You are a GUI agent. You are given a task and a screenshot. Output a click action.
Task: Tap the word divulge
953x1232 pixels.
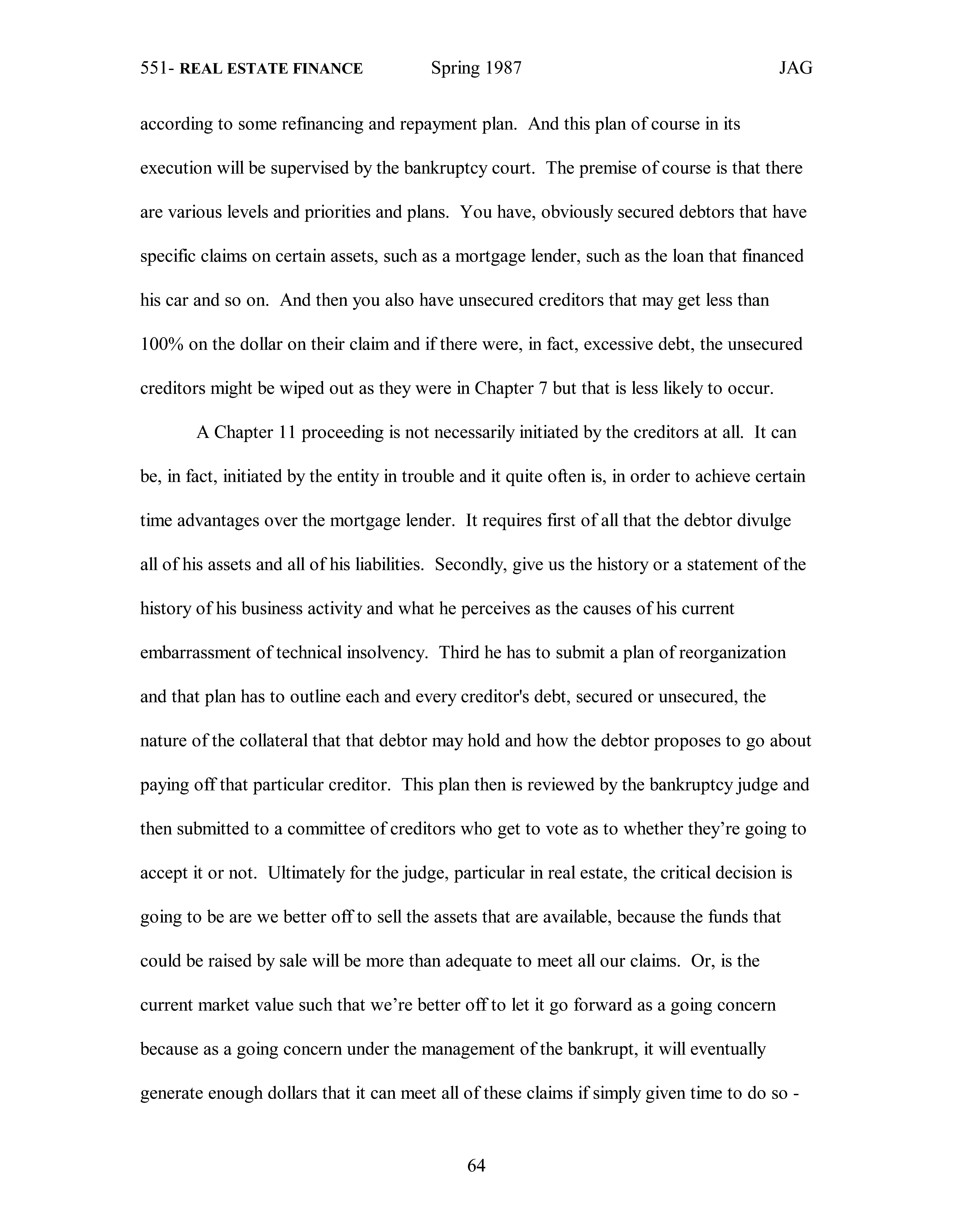pyautogui.click(x=765, y=520)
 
